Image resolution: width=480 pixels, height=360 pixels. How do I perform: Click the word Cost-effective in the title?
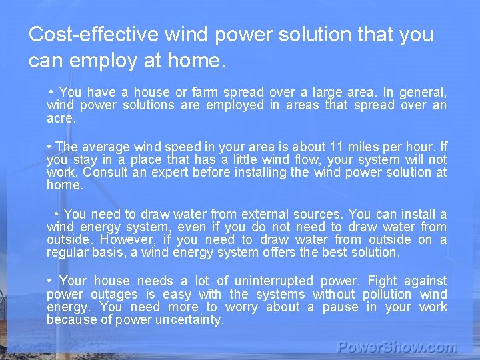pos(94,34)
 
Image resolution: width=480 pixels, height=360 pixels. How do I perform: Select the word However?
pos(126,239)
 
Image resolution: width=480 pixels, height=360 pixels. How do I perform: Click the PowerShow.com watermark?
pos(397,347)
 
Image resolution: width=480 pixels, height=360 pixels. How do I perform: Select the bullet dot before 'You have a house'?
pos(51,92)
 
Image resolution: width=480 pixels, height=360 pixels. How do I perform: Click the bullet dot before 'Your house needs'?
pos(51,281)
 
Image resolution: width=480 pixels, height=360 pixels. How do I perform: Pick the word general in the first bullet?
pos(425,92)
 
